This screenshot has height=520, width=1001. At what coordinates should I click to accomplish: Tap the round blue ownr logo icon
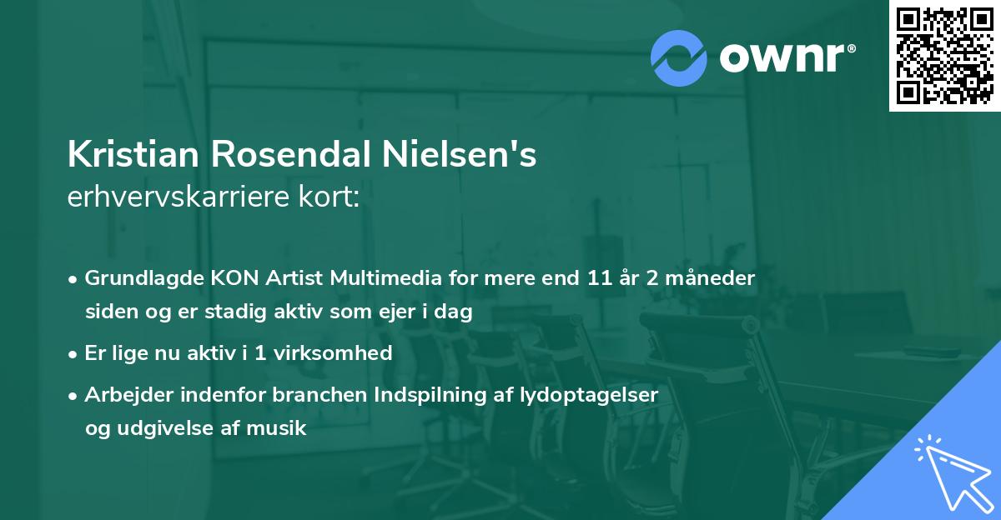click(679, 57)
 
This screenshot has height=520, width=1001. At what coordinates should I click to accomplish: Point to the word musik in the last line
click(282, 429)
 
